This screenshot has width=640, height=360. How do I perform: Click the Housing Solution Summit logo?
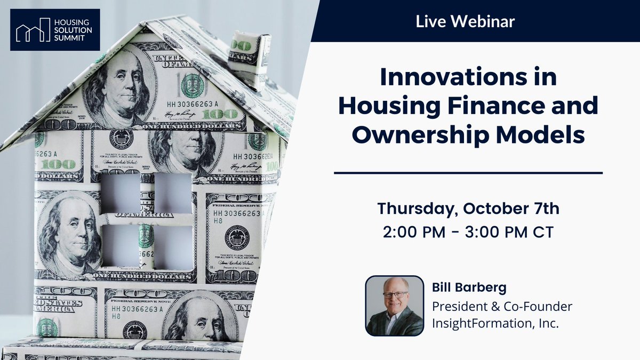coord(54,30)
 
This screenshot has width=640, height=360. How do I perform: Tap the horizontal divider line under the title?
coord(468,173)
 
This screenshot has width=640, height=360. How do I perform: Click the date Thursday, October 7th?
coord(468,209)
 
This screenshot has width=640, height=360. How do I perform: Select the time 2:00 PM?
coord(413,233)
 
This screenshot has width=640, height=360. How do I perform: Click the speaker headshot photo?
coord(394,306)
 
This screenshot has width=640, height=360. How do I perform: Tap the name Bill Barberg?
coord(462,288)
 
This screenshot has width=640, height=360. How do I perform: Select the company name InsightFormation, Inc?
coord(495,323)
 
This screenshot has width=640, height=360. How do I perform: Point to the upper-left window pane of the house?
coord(121,191)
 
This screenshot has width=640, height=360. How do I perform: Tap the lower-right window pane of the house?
coord(173,247)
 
